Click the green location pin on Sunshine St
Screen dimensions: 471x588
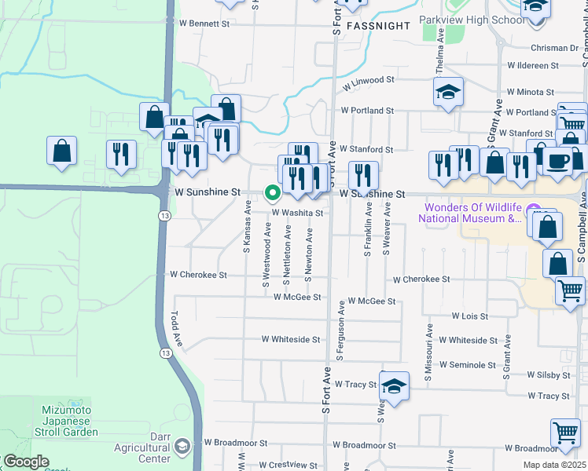point(274,192)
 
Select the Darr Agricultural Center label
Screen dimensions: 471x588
point(144,447)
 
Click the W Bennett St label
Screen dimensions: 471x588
point(203,24)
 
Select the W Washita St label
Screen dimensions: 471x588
point(298,213)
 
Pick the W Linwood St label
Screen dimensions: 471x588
point(366,81)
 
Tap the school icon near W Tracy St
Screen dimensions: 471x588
point(395,385)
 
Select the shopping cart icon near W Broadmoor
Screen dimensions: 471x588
point(565,432)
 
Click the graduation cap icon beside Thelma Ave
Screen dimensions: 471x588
point(448,92)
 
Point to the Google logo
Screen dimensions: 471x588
point(26,462)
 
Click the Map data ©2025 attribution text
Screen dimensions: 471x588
point(553,465)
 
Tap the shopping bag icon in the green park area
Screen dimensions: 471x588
point(61,149)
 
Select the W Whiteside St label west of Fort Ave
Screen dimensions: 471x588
point(291,340)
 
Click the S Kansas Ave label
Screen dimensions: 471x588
point(247,227)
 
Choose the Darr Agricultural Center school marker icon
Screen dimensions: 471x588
point(182,447)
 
